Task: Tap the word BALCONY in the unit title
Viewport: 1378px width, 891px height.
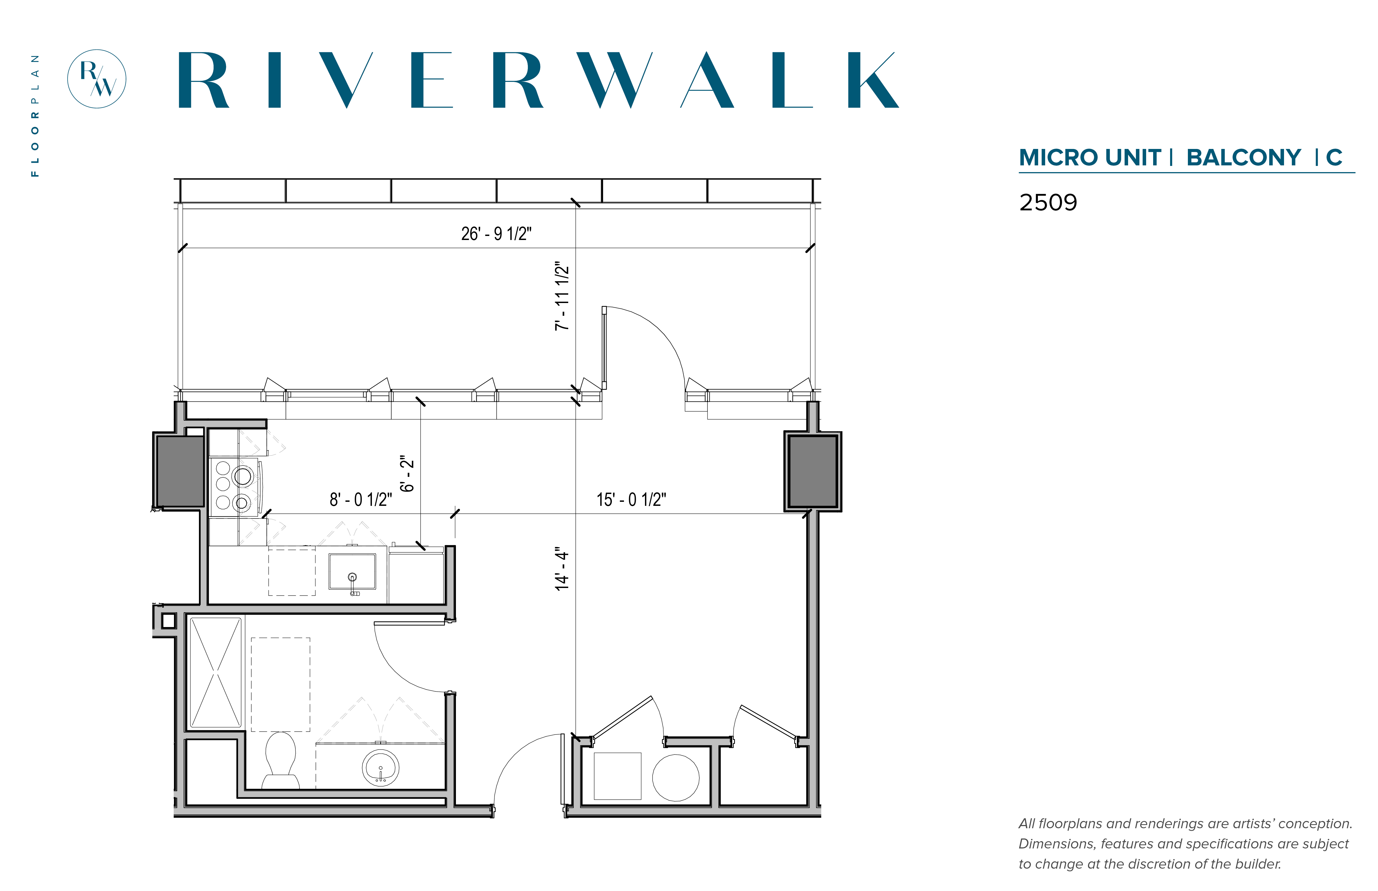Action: tap(1243, 157)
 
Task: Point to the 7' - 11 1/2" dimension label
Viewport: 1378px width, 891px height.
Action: tap(562, 296)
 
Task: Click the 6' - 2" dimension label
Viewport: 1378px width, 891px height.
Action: tap(407, 473)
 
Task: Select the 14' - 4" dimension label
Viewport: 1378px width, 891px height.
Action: tap(562, 569)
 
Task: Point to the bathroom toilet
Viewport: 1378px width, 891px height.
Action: tap(281, 760)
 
